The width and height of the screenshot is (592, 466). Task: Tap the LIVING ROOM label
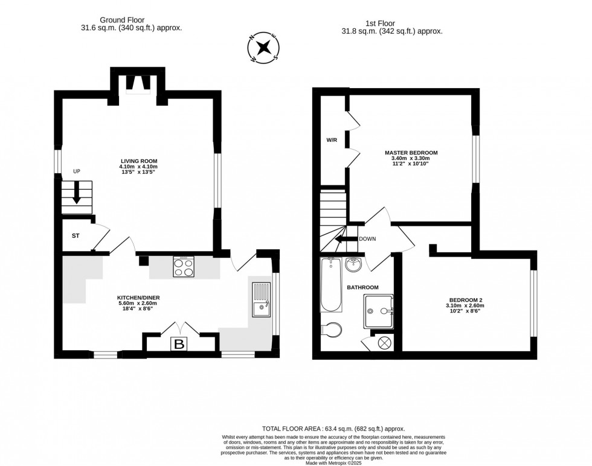[x=138, y=161]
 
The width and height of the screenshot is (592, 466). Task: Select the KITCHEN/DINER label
[x=138, y=298]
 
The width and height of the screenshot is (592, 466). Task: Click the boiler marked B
[x=179, y=345]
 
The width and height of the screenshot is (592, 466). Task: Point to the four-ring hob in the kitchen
[x=184, y=266]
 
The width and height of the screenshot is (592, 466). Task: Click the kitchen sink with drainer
[x=262, y=299]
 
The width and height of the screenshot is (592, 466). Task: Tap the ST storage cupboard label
[x=76, y=235]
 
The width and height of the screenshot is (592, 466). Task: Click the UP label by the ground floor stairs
[x=77, y=171]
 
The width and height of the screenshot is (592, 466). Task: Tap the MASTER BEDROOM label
[x=411, y=153]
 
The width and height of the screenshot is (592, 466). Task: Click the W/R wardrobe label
[x=332, y=141]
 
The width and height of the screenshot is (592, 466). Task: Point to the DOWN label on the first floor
[x=367, y=238]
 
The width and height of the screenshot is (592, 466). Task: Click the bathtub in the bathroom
[x=330, y=284]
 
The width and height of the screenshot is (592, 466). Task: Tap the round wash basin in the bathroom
[x=353, y=265]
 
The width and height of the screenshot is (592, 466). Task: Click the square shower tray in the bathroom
[x=379, y=311]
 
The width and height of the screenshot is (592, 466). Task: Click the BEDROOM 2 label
[x=466, y=300]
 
